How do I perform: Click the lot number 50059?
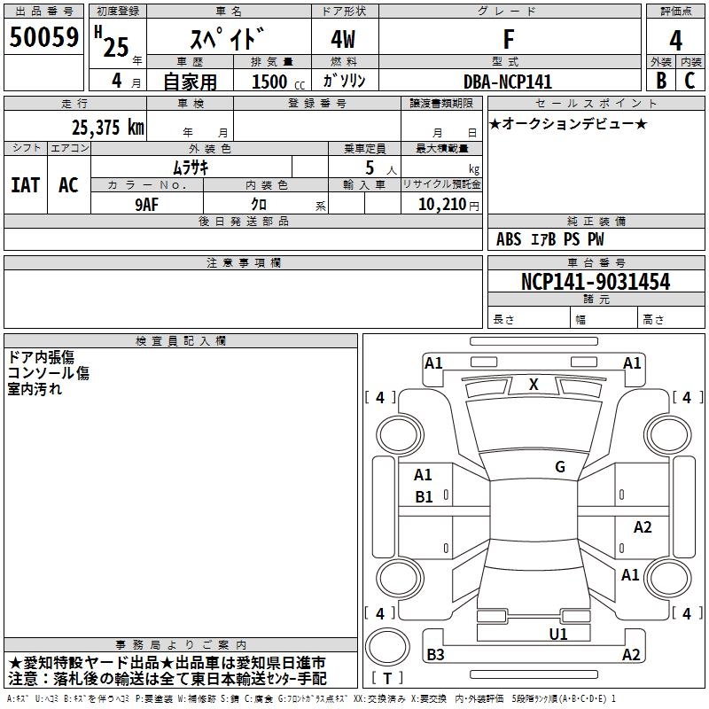coord(43,37)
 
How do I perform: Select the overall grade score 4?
coord(675,41)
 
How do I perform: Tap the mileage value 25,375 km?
coord(107,127)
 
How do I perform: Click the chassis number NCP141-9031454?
coord(596,281)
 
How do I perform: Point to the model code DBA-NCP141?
coord(508,82)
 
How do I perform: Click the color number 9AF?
coord(147,205)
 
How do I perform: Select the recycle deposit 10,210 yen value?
coord(448,205)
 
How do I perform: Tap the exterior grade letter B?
coord(661,81)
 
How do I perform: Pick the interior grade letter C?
coord(690,81)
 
